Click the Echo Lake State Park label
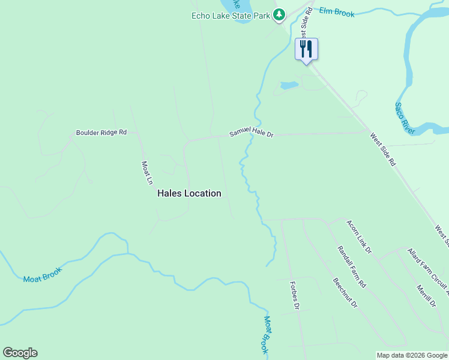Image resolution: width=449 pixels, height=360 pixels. tap(231, 16)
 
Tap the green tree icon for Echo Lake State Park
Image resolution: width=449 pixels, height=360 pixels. tap(279, 15)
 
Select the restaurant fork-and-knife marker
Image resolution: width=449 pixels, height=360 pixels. tap(306, 49)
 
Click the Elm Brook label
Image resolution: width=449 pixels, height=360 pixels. tap(337, 12)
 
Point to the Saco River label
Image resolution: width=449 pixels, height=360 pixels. tap(405, 118)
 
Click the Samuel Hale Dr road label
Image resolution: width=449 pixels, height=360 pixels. tap(251, 135)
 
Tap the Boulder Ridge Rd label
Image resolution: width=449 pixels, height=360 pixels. tap(101, 133)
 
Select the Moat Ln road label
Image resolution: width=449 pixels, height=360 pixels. tap(146, 172)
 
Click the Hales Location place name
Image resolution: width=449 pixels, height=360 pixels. tap(189, 193)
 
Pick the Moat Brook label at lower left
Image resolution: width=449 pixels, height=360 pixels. tap(42, 274)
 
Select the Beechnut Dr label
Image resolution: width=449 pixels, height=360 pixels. tap(345, 293)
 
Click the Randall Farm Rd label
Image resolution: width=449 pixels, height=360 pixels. tap(351, 266)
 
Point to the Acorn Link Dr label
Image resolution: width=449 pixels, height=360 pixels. tap(359, 236)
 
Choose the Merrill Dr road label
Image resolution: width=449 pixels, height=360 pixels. tap(426, 296)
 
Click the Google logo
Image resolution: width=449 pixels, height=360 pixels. tap(20, 353)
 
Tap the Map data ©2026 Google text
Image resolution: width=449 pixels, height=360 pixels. tap(411, 355)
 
